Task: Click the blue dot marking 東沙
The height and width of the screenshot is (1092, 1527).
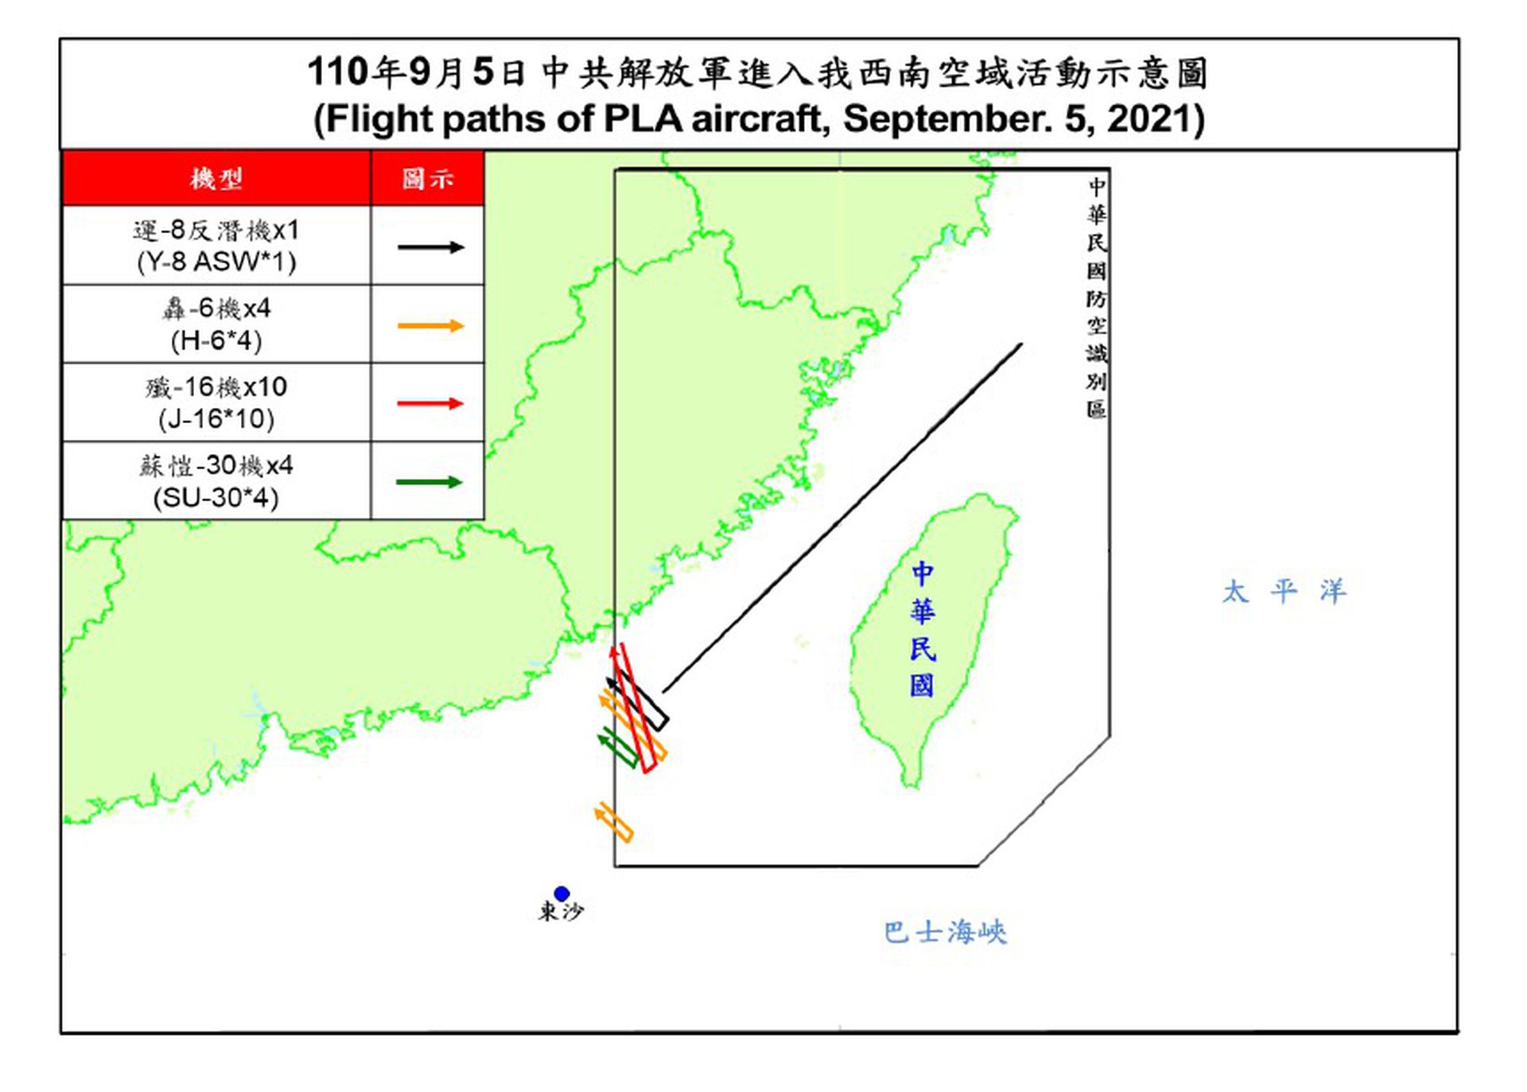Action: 561,893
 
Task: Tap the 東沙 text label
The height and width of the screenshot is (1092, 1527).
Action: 561,911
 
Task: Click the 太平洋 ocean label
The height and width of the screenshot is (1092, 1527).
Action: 1284,592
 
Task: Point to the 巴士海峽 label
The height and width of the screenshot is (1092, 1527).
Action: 945,932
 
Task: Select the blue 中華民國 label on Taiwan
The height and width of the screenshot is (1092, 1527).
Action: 923,629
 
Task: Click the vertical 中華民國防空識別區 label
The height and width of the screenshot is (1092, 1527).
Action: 1097,298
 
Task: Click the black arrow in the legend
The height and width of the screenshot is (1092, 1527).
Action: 429,247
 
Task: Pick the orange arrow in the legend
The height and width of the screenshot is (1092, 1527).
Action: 429,325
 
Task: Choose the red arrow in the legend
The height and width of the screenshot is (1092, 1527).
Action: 429,403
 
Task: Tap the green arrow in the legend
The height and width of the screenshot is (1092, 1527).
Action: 429,482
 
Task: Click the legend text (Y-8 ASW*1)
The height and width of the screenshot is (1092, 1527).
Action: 216,262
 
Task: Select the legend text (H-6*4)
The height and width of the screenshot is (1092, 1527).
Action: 216,340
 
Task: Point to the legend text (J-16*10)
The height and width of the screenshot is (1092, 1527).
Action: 216,418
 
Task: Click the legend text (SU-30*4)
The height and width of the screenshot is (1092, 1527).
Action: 216,498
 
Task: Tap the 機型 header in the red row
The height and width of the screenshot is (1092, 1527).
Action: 216,178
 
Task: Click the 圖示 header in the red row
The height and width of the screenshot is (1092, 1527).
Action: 428,178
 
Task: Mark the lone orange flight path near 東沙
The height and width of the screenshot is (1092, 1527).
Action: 614,822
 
